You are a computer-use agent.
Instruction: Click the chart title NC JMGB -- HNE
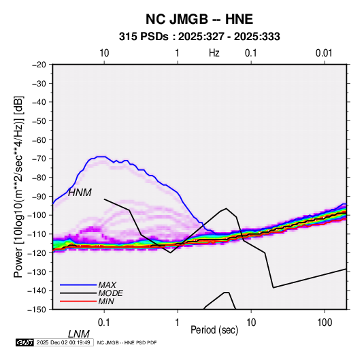pyautogui.click(x=199, y=19)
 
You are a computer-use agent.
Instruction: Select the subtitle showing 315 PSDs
pyautogui.click(x=199, y=37)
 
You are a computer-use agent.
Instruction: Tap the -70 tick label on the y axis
pyautogui.click(x=39, y=159)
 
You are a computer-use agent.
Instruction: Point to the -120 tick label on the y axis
pyautogui.click(x=37, y=252)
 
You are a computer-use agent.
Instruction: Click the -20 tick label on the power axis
pyautogui.click(x=39, y=65)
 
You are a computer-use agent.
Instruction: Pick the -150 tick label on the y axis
pyautogui.click(x=37, y=310)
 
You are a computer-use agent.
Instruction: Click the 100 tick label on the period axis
pyautogui.click(x=324, y=323)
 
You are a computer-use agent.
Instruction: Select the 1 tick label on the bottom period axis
pyautogui.click(x=178, y=323)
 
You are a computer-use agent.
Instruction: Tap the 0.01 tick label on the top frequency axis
pyautogui.click(x=324, y=53)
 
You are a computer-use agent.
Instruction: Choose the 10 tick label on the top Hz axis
pyautogui.click(x=104, y=53)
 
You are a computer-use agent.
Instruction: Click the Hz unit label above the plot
pyautogui.click(x=214, y=53)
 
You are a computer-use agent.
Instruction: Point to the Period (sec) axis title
pyautogui.click(x=214, y=330)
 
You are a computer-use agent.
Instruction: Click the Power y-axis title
pyautogui.click(x=18, y=187)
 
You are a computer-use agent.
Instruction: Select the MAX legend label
pyautogui.click(x=107, y=284)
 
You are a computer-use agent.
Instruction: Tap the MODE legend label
pyautogui.click(x=110, y=293)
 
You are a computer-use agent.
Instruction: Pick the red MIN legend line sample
pyautogui.click(x=78, y=301)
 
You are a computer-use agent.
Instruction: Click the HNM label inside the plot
pyautogui.click(x=80, y=193)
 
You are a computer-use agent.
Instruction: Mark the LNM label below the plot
pyautogui.click(x=78, y=334)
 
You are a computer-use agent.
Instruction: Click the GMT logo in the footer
pyautogui.click(x=24, y=342)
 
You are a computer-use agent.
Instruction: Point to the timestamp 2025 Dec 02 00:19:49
pyautogui.click(x=63, y=342)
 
